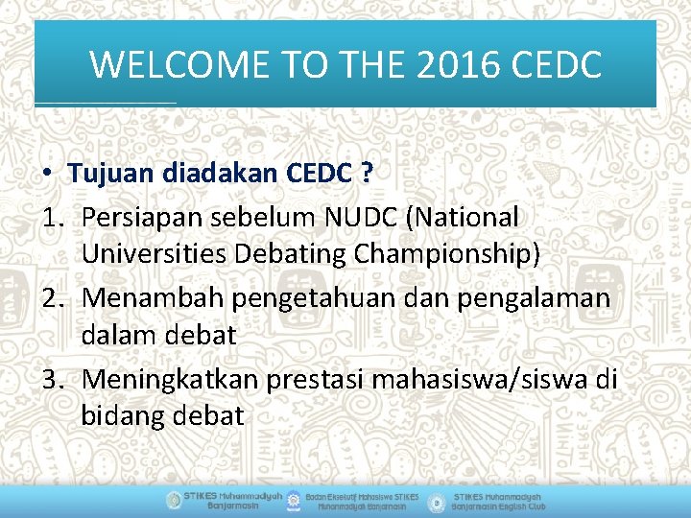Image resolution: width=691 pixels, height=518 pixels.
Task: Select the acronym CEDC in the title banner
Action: (558, 65)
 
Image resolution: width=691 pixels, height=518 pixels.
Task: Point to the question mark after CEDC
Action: (366, 174)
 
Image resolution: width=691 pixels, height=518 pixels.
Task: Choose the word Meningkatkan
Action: (171, 380)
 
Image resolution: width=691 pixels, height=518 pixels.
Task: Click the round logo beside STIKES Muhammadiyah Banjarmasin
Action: (173, 501)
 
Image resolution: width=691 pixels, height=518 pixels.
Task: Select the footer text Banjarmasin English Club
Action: (499, 506)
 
